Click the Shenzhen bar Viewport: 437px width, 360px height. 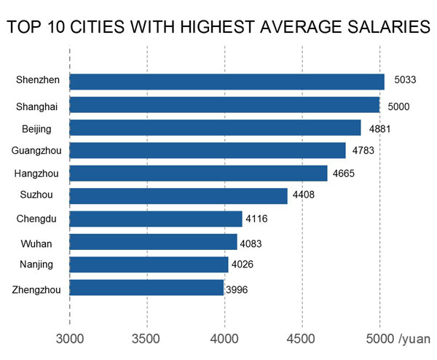pyautogui.click(x=227, y=82)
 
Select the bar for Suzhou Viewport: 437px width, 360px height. pyautogui.click(x=178, y=196)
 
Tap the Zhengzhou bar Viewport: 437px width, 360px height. pyautogui.click(x=146, y=288)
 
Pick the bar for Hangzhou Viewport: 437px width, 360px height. pyautogui.click(x=198, y=173)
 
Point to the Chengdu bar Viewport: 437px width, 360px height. pyautogui.click(x=156, y=219)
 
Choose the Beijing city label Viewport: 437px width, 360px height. pyautogui.click(x=37, y=128)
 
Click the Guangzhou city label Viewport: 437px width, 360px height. pyautogui.click(x=36, y=151)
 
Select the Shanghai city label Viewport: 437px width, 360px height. pyautogui.click(x=36, y=106)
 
